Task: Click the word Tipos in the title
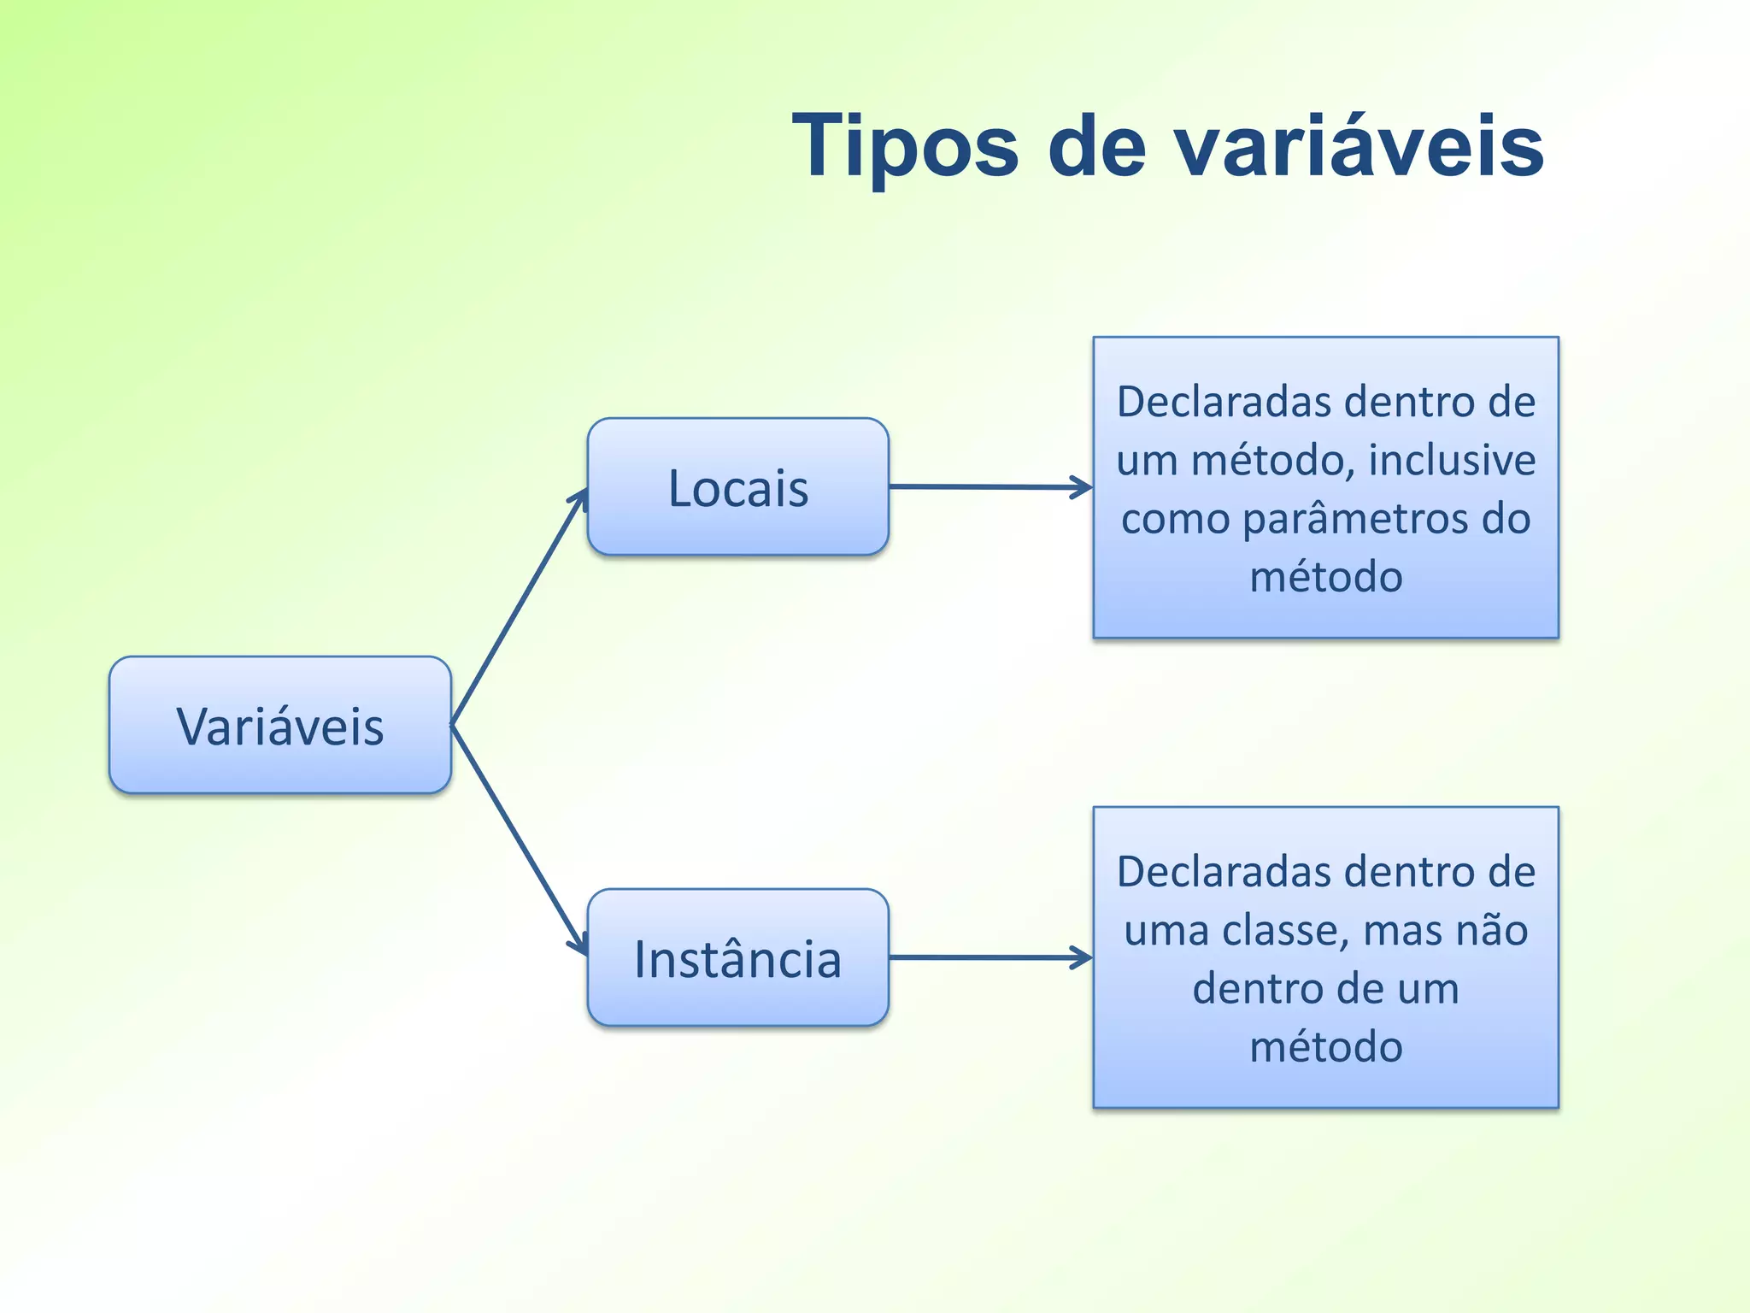point(905,147)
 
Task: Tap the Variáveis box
point(280,726)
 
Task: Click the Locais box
point(738,487)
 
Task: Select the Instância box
point(738,958)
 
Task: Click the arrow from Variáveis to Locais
point(519,608)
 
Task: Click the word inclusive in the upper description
point(1452,460)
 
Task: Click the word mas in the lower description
point(1401,930)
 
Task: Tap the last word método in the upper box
point(1326,577)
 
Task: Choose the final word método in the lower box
point(1326,1047)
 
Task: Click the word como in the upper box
point(1175,520)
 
